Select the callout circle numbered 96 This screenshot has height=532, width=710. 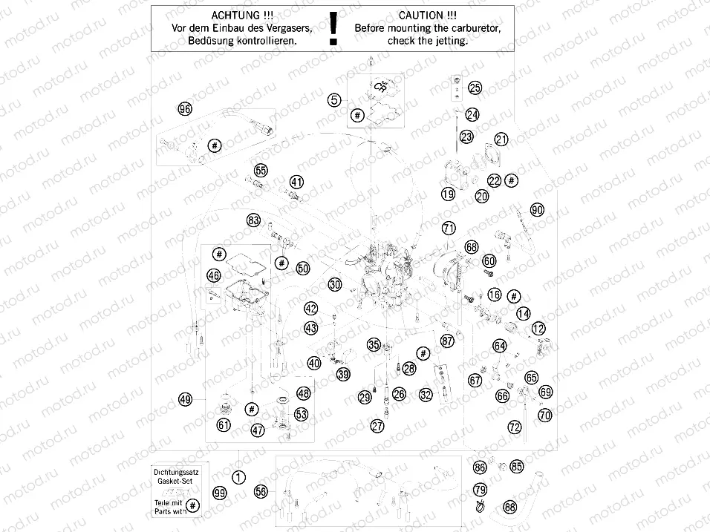185,109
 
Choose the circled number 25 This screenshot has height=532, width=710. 475,88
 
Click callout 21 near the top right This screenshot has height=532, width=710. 501,139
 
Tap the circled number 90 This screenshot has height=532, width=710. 537,209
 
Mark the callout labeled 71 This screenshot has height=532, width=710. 448,228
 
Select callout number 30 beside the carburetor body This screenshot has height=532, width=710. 335,284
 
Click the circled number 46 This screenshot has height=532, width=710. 214,275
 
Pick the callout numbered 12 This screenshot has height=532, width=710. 538,328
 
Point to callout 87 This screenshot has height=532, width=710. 446,341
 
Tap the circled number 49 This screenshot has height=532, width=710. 186,399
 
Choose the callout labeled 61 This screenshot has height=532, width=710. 224,424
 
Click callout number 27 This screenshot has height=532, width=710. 378,425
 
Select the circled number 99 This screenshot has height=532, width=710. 219,493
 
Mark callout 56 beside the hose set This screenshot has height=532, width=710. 261,491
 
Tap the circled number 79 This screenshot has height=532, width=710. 481,490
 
